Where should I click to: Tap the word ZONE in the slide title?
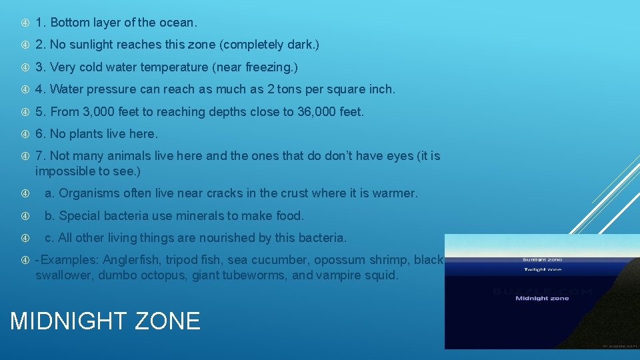167,321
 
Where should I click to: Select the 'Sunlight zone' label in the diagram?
542,259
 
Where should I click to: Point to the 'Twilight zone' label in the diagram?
542,269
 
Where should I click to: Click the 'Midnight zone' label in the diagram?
542,298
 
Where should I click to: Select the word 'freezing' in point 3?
269,67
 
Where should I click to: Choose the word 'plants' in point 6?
87,134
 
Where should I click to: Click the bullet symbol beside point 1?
25,22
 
